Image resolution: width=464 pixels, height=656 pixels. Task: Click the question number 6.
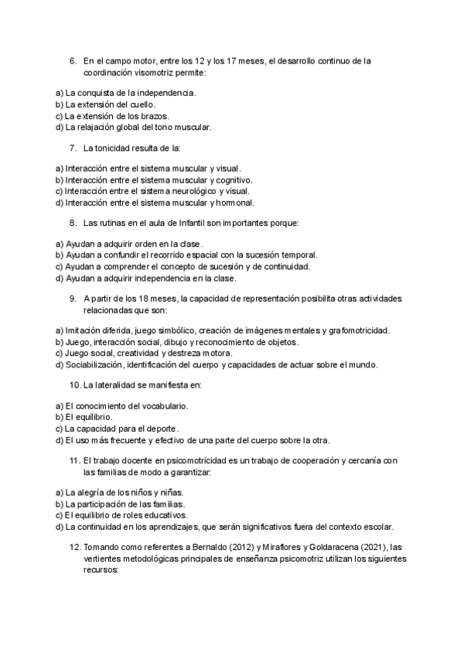(73, 60)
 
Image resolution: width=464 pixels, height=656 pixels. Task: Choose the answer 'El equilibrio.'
(89, 417)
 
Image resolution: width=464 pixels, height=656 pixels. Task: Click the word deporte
(162, 429)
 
